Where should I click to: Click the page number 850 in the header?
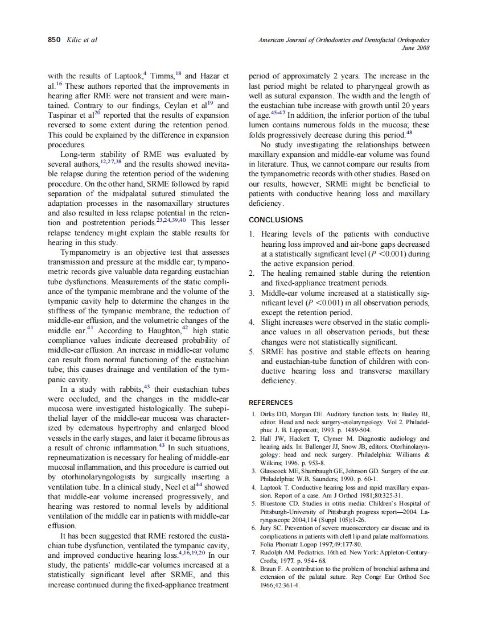pyautogui.click(x=55, y=40)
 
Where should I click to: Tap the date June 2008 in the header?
pyautogui.click(x=415, y=48)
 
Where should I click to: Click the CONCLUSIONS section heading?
pyautogui.click(x=275, y=219)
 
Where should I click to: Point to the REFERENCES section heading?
pyautogui.click(x=271, y=402)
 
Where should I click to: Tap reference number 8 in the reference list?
pyautogui.click(x=253, y=569)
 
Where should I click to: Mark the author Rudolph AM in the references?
pyautogui.click(x=279, y=552)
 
